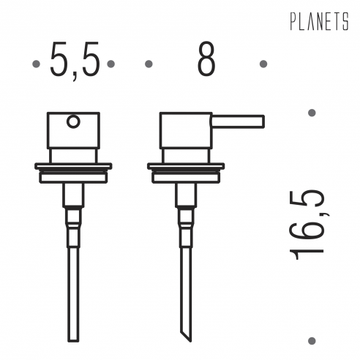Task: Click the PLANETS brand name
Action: point(319,21)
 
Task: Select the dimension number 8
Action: point(206,59)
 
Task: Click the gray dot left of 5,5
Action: point(36,64)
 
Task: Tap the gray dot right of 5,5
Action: point(110,64)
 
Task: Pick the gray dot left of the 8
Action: point(149,64)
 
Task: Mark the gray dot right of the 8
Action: point(263,64)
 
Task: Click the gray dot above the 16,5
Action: point(312,113)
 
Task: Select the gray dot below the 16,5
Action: point(312,340)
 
